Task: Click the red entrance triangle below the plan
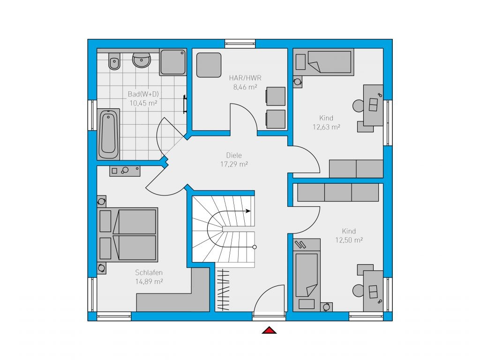pyautogui.click(x=269, y=330)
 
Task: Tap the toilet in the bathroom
pyautogui.click(x=114, y=61)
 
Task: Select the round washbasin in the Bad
pyautogui.click(x=142, y=60)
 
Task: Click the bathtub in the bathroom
pyautogui.click(x=108, y=135)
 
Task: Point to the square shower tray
pyautogui.click(x=173, y=62)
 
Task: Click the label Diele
pyautogui.click(x=234, y=155)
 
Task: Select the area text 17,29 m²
pyautogui.click(x=234, y=165)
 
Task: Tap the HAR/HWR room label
pyautogui.click(x=245, y=78)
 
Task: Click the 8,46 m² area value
pyautogui.click(x=245, y=87)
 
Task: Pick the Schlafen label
pyautogui.click(x=149, y=272)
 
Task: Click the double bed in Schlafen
pyautogui.click(x=127, y=235)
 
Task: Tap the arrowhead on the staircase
pyautogui.click(x=248, y=211)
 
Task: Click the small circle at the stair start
pyautogui.click(x=255, y=247)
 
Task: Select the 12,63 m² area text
pyautogui.click(x=326, y=127)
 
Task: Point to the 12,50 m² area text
pyautogui.click(x=349, y=240)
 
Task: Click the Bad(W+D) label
pyautogui.click(x=143, y=94)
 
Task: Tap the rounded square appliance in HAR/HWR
pyautogui.click(x=209, y=65)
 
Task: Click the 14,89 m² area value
pyautogui.click(x=149, y=282)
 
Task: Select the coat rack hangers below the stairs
pyautogui.click(x=223, y=290)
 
